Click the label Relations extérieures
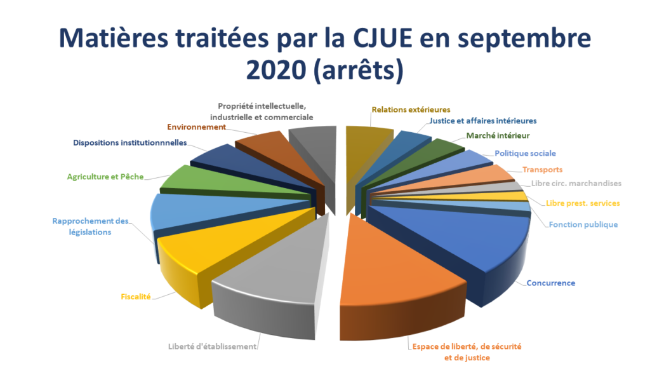[x=411, y=109]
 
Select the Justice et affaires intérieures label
[x=482, y=121]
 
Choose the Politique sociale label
[x=525, y=153]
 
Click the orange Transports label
[x=542, y=170]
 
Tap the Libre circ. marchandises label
[x=576, y=183]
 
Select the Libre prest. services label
[x=583, y=203]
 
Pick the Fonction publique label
[x=583, y=224]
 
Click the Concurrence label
[x=550, y=283]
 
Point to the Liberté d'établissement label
[x=213, y=346]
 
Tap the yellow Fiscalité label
[x=136, y=296]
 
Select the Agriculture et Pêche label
[x=105, y=177]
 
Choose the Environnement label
[x=197, y=127]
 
